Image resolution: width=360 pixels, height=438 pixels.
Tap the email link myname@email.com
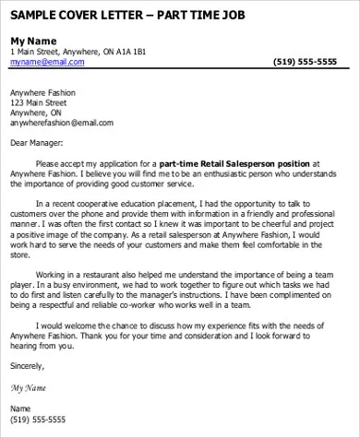point(46,62)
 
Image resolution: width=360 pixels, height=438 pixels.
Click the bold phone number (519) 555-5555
point(306,62)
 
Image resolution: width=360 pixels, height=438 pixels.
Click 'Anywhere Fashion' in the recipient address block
point(42,92)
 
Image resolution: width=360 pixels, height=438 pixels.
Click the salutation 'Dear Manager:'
point(36,143)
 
